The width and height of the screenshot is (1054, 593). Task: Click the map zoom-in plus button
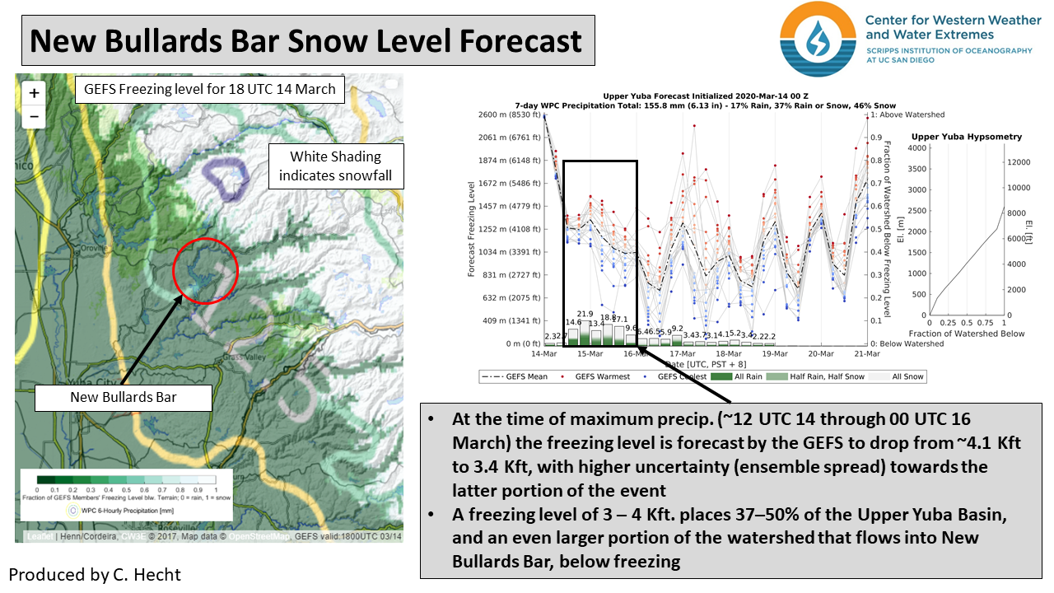pos(34,93)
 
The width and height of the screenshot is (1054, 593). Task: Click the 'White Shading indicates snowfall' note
pos(336,166)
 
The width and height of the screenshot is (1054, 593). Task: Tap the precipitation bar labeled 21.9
pos(585,329)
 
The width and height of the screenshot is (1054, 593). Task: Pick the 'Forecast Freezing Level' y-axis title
pos(472,229)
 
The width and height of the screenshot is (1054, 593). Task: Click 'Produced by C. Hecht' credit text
pos(94,574)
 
